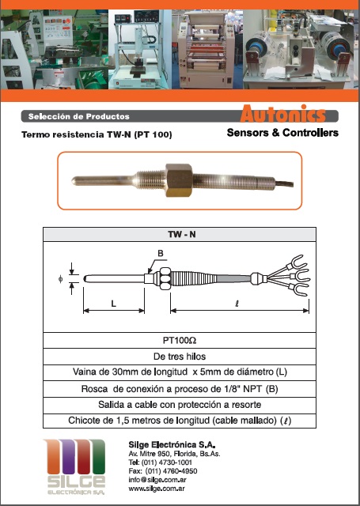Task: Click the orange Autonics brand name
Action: click(x=282, y=114)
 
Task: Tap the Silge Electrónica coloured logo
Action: click(x=75, y=467)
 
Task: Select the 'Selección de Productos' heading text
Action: click(x=79, y=116)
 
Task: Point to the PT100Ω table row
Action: click(x=180, y=341)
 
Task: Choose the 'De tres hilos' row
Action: click(x=180, y=357)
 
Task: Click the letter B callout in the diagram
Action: click(x=161, y=254)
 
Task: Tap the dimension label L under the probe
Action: click(x=113, y=304)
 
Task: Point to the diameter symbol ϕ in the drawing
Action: click(x=60, y=278)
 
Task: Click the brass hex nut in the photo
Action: click(x=179, y=180)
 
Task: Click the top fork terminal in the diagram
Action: click(x=296, y=262)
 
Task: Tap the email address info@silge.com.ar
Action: click(x=157, y=480)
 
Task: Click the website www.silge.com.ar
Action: click(x=157, y=489)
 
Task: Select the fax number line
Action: click(x=163, y=471)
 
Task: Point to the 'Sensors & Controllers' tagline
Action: click(x=282, y=133)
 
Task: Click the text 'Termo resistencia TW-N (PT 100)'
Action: click(x=97, y=134)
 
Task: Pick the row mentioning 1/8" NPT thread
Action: click(x=180, y=389)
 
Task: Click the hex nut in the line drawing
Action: click(x=165, y=278)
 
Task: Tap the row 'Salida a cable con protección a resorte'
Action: click(x=180, y=405)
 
